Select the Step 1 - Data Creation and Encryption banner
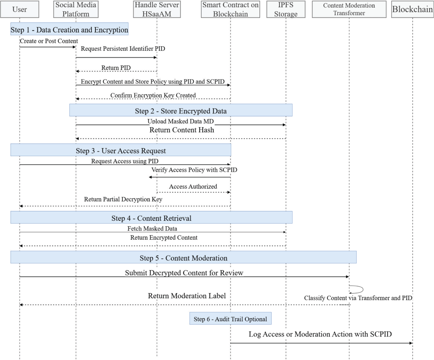69,30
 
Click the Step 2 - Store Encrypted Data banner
181,110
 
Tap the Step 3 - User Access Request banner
121,150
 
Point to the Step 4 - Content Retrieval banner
151,218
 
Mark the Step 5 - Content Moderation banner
183,258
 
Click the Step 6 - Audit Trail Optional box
230,319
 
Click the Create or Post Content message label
49,41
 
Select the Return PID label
116,68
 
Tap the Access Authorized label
193,187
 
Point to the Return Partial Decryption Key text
123,199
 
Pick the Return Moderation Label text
187,296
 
